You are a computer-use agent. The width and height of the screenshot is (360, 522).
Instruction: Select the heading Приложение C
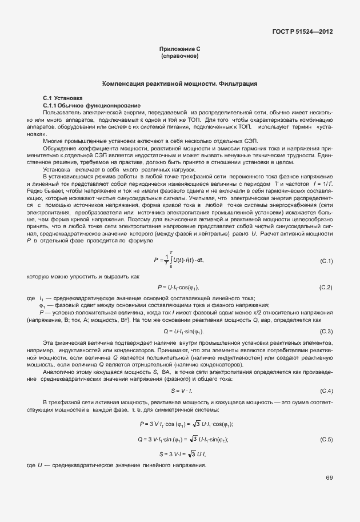tap(179, 50)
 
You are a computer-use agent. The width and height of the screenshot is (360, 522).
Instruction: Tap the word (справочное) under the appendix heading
tap(179, 57)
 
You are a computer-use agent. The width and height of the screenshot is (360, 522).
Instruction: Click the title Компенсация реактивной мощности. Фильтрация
tap(179, 84)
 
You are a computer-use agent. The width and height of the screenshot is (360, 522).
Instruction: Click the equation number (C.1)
tap(326, 261)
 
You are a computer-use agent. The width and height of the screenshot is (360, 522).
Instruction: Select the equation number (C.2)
tap(326, 286)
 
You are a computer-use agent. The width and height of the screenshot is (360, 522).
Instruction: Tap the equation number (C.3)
tap(326, 332)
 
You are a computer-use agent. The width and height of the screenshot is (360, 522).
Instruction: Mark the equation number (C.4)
tap(326, 390)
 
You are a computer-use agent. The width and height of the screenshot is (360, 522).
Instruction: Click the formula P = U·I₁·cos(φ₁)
tap(178, 286)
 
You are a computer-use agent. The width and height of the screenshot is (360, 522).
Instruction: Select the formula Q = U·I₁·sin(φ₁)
tap(184, 332)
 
